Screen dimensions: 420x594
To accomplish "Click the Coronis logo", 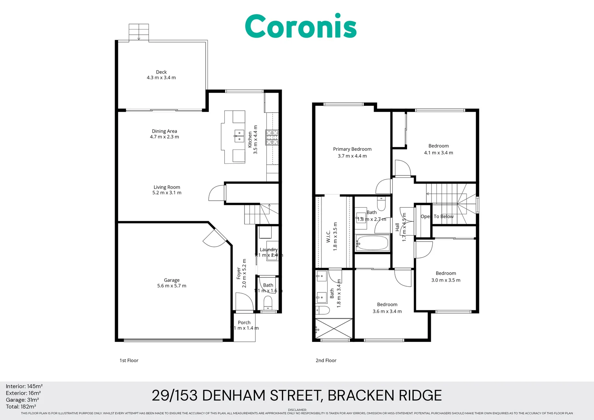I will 300,26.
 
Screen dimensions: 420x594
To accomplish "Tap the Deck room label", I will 161,72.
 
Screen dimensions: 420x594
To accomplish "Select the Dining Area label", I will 164,131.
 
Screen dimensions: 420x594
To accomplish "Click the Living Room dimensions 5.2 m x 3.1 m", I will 167,193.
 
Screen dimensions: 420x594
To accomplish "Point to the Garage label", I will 171,280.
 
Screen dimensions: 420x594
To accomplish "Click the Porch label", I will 244,322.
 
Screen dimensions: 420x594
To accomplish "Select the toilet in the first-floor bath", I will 268,302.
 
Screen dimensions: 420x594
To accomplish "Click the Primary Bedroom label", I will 352,149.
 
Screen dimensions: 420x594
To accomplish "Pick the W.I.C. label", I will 328,236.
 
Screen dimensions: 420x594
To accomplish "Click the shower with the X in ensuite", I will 334,329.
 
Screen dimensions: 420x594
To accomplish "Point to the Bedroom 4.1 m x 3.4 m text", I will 439,153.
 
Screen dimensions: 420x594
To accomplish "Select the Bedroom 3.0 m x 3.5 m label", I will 446,276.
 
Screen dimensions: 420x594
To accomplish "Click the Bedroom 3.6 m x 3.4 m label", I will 387,308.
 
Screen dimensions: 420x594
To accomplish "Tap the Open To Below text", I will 437,217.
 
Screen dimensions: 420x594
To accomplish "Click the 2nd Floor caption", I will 326,360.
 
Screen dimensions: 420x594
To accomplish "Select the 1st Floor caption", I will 129,360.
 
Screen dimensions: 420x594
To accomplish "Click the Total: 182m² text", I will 21,406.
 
